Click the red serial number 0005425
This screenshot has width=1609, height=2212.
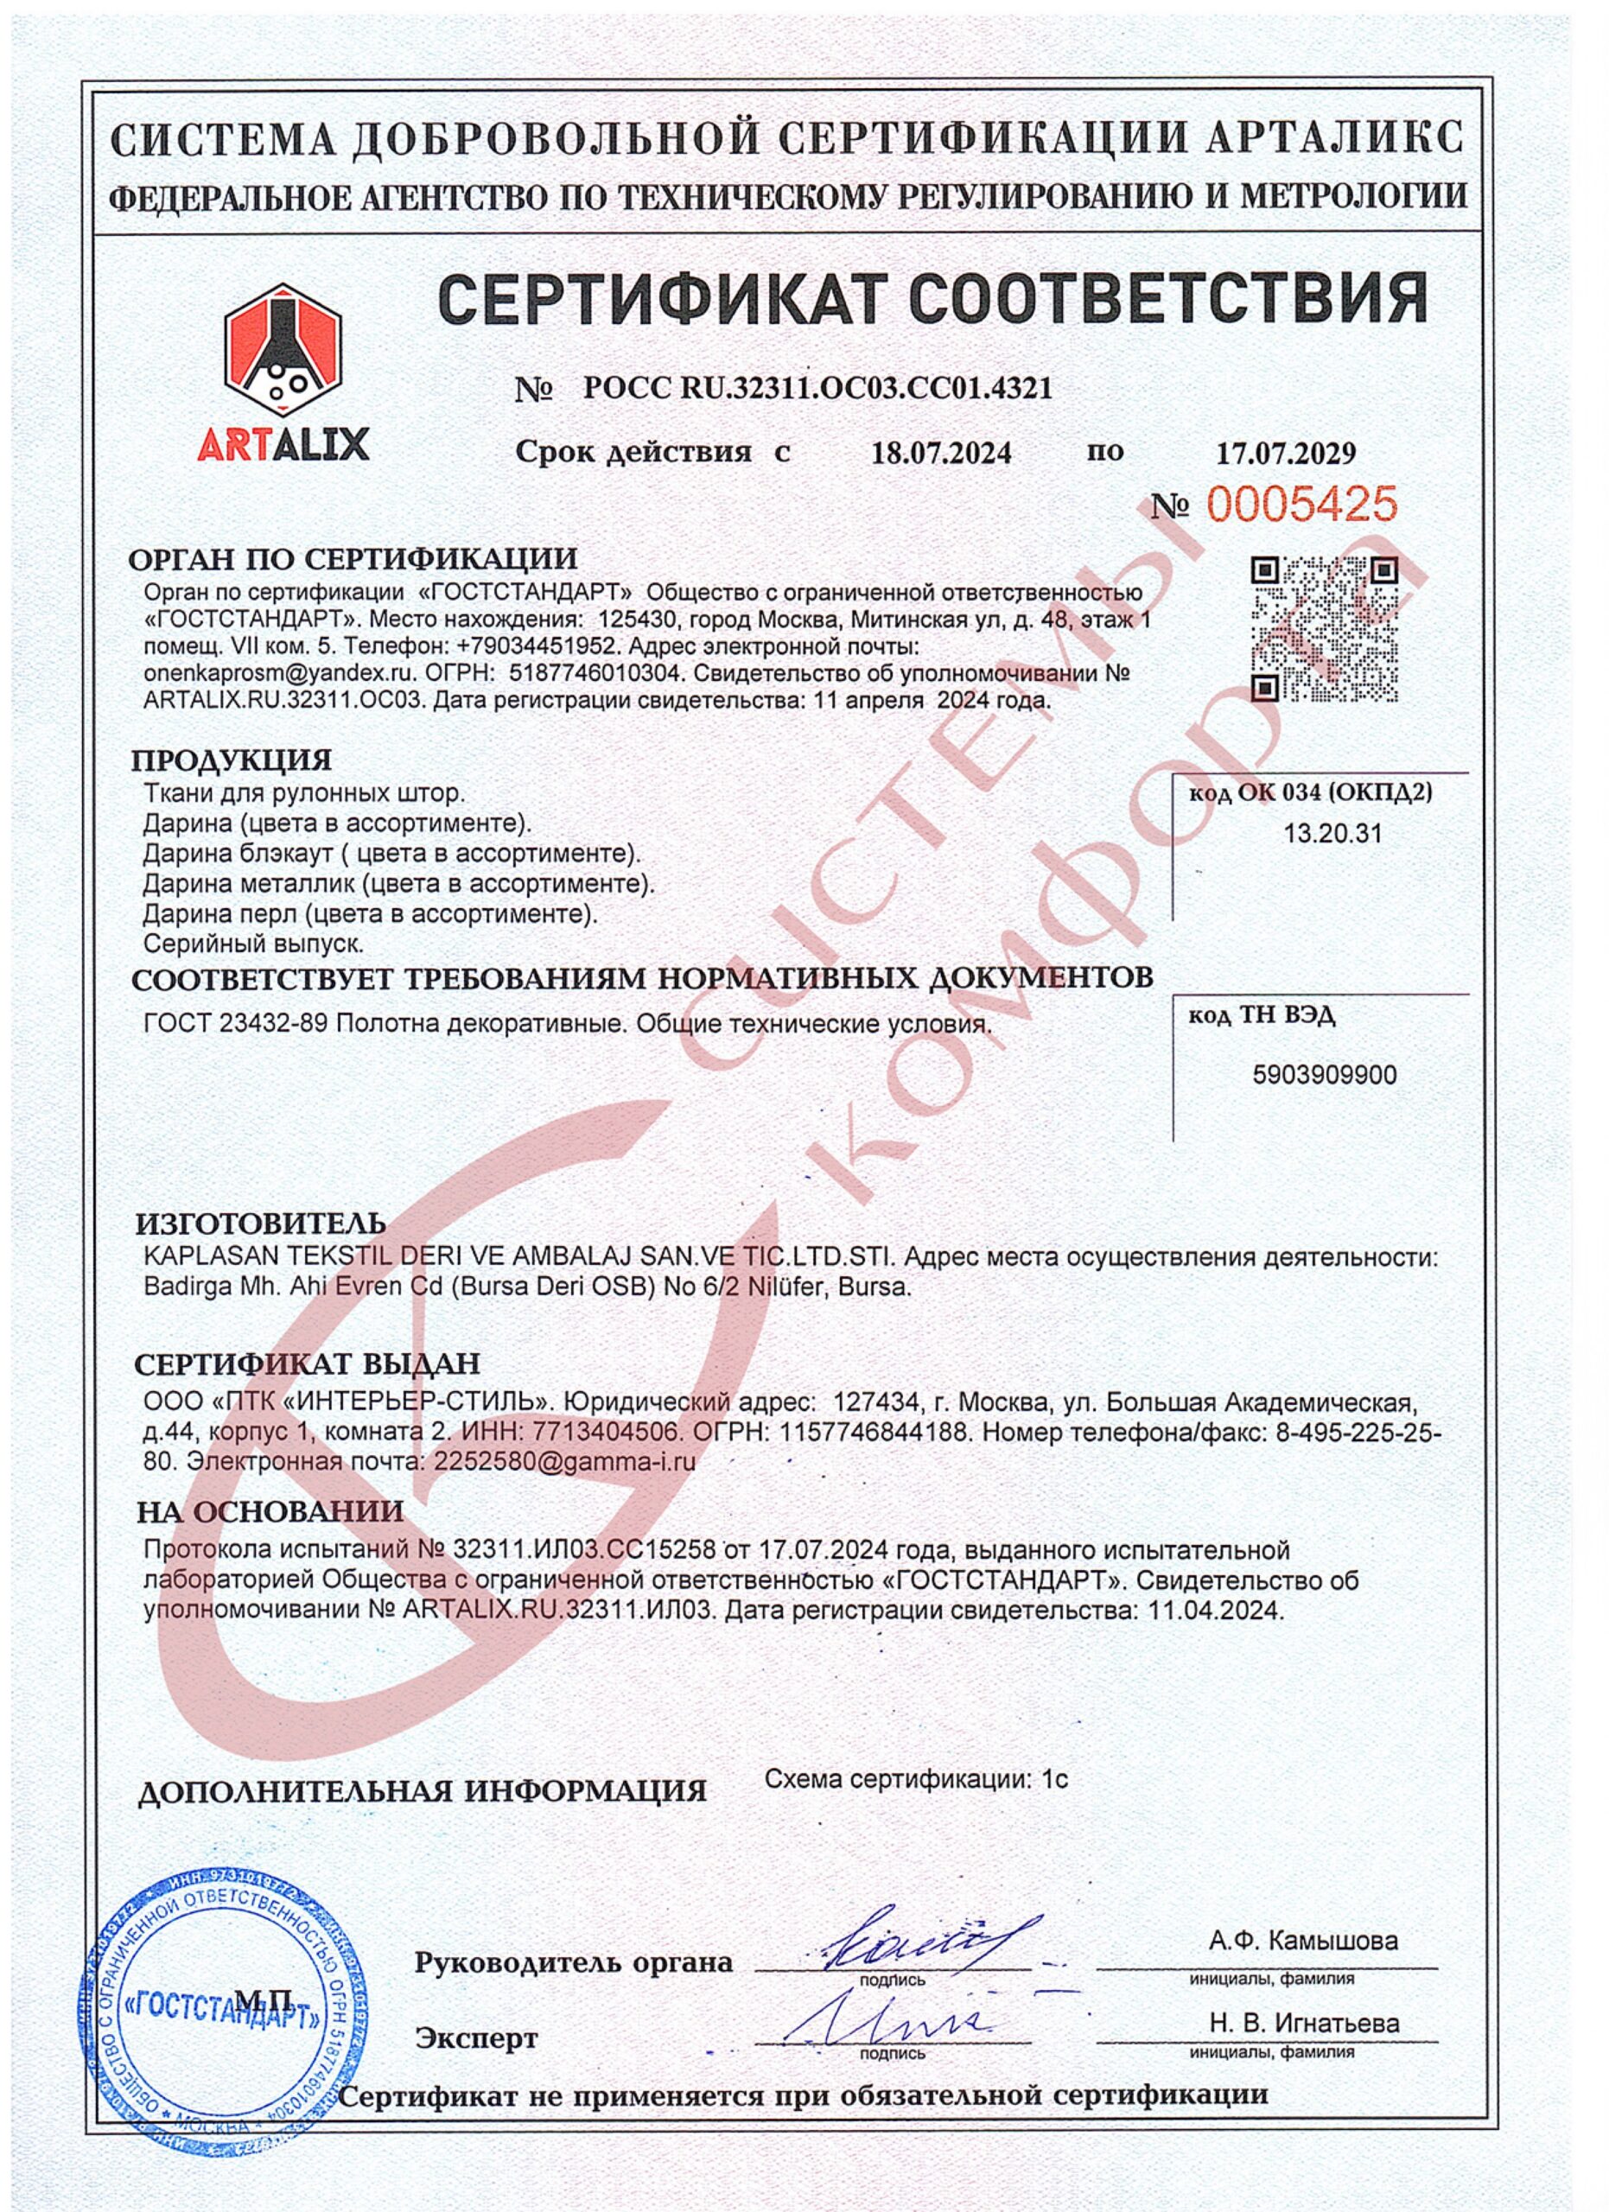pyautogui.click(x=1303, y=505)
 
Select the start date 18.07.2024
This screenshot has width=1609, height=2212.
pyautogui.click(x=941, y=454)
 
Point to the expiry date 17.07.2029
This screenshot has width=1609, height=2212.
pyautogui.click(x=1286, y=454)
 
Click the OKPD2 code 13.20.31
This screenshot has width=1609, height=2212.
pyautogui.click(x=1319, y=834)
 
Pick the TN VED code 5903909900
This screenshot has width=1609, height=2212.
pyautogui.click(x=1324, y=1075)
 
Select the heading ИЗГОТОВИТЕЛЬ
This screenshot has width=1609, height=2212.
pyautogui.click(x=260, y=1222)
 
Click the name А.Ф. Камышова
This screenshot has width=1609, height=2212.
pyautogui.click(x=1303, y=1914)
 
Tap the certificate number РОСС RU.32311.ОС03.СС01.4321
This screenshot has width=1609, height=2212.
pyautogui.click(x=817, y=389)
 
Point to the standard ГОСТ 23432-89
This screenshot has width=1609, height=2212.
pyautogui.click(x=238, y=1024)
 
